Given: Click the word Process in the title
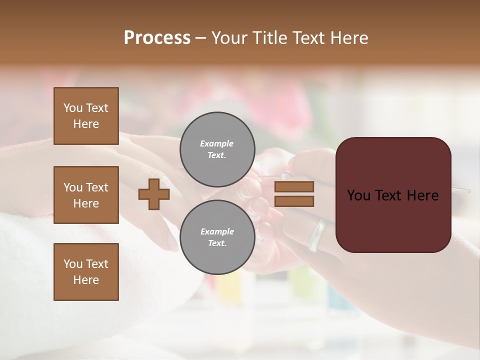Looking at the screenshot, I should (157, 38).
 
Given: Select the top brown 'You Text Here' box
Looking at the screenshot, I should (86, 116).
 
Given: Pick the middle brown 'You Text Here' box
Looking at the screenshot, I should (86, 195).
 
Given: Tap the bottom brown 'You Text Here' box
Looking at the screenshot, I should (86, 272).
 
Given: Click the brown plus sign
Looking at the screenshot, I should (154, 194).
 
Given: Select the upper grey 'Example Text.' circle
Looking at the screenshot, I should (217, 149).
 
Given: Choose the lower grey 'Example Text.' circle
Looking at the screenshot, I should (217, 237).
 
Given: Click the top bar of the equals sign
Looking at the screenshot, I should (294, 186).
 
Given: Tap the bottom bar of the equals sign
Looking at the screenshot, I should (294, 201).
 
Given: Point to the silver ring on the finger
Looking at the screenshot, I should (316, 235).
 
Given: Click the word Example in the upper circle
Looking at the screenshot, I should (216, 143).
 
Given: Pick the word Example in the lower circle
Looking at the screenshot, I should (217, 231).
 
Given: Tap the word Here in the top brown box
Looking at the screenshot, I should (86, 124).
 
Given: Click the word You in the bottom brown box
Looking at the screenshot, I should (73, 264).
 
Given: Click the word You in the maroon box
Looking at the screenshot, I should (359, 195).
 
